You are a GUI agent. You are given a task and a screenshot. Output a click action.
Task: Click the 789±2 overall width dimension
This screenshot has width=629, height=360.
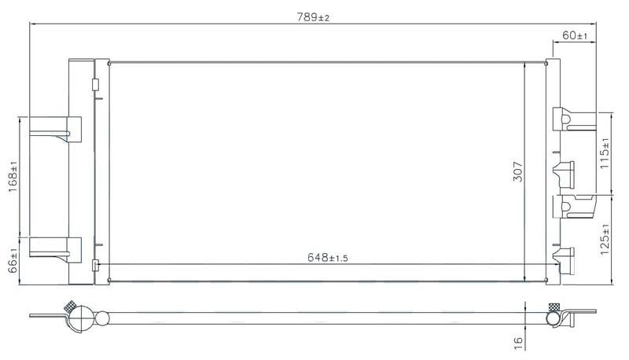point(313,17)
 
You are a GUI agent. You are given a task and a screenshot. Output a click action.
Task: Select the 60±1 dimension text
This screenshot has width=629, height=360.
point(575,35)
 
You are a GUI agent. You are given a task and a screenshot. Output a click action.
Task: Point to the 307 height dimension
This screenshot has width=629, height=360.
point(518,171)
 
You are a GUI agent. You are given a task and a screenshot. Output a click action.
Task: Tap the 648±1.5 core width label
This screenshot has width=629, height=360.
point(328,257)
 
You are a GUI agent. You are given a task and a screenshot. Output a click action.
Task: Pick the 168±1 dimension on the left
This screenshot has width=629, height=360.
point(13,176)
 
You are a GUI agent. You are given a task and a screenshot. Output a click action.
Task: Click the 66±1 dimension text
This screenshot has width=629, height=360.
point(13,261)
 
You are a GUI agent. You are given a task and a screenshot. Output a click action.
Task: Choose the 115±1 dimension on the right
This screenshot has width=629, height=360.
point(605,153)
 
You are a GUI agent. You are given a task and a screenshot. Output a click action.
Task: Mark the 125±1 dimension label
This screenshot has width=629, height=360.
point(605,239)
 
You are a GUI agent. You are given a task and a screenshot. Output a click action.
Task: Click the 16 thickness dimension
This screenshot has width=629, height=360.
point(518,342)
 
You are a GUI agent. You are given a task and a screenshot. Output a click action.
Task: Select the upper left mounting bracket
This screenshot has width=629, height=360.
point(55,129)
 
